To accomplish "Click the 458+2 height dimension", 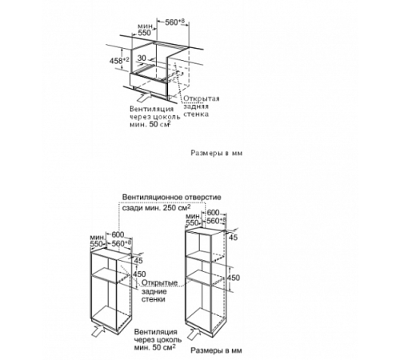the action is (119, 61).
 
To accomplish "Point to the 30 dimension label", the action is (142, 58).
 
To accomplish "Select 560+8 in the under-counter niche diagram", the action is (174, 22).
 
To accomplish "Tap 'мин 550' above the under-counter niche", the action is (145, 30).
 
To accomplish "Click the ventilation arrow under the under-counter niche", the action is (144, 97).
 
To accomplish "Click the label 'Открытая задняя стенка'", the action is (201, 106).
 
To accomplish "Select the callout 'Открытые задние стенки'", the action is (159, 290).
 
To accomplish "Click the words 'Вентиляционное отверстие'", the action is (172, 198).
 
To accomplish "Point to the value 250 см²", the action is (178, 207).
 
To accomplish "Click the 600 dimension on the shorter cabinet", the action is (118, 234).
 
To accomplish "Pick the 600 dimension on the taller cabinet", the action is (214, 213).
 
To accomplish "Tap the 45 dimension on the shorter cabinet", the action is (138, 260).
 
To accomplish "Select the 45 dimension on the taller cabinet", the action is (233, 237).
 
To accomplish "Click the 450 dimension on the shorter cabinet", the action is (140, 274).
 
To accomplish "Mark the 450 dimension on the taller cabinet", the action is (234, 278).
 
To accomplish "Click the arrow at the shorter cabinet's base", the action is (98, 330).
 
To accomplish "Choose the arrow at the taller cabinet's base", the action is (194, 334).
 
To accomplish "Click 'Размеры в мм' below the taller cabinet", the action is (216, 350).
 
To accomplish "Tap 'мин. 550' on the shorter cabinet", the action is (97, 241).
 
